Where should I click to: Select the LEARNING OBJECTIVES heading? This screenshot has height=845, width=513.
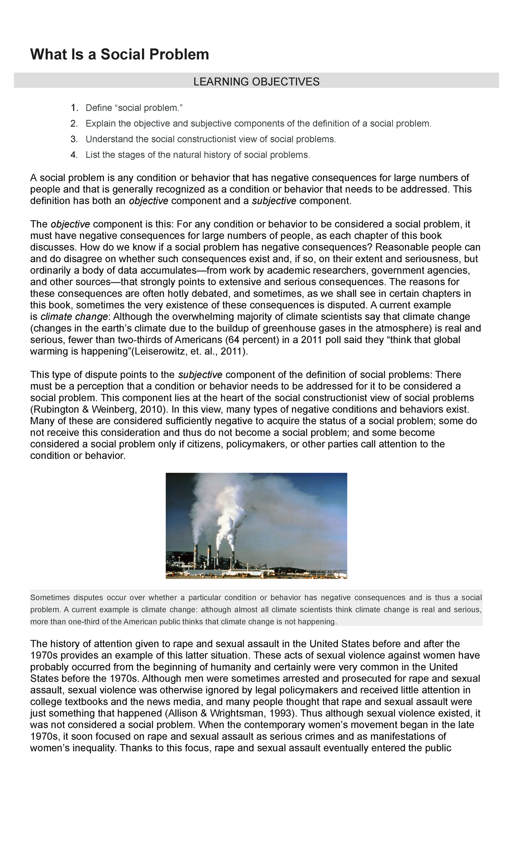(256, 82)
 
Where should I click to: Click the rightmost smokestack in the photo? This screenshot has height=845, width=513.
(233, 558)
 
